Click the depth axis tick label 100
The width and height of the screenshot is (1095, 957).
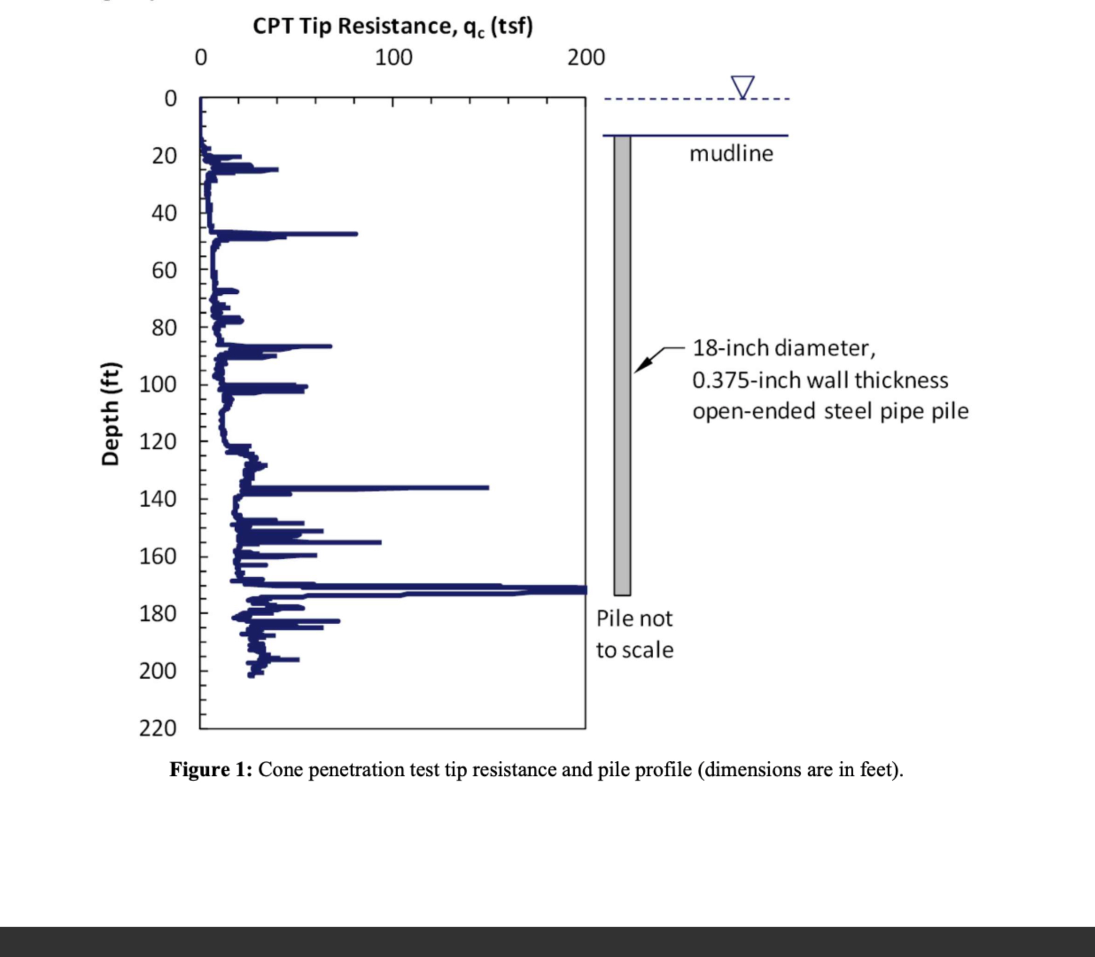tap(158, 385)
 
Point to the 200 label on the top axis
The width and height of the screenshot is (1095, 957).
tap(586, 58)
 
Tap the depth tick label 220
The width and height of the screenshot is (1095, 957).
tap(158, 728)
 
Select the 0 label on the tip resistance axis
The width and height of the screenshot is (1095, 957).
tap(201, 58)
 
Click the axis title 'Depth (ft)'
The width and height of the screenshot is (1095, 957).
tap(110, 414)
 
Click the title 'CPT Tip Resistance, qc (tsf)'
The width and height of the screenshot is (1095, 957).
tap(392, 26)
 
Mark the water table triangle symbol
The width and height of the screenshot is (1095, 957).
tap(743, 86)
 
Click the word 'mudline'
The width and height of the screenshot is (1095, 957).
tap(731, 154)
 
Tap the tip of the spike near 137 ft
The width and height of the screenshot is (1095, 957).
tap(487, 487)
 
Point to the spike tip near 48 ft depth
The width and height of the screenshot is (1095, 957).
tap(356, 234)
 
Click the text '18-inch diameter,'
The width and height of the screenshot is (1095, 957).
tap(784, 348)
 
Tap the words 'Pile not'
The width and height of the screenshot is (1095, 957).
tap(634, 619)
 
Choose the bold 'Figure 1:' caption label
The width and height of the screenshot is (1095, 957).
tap(210, 770)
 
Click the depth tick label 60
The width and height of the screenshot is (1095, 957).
tap(164, 271)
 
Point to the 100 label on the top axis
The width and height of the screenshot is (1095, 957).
tap(393, 58)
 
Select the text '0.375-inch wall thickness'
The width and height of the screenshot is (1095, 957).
tap(820, 381)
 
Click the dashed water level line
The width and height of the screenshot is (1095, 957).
tap(668, 99)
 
